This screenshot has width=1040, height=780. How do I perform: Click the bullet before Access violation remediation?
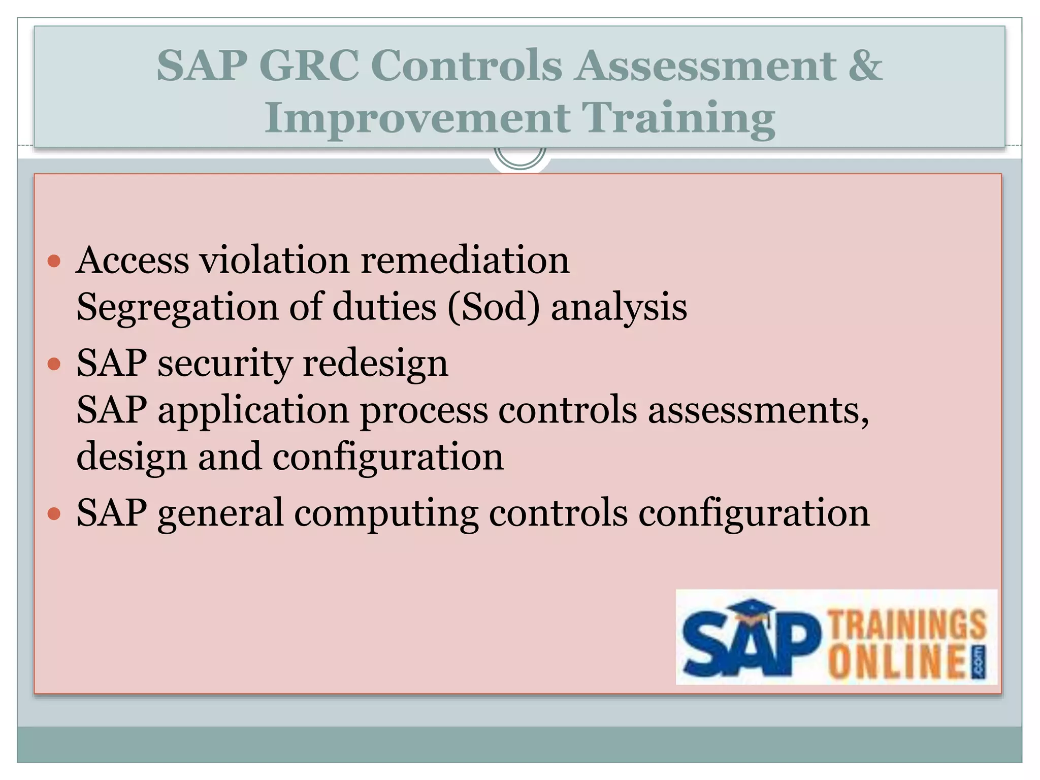54,262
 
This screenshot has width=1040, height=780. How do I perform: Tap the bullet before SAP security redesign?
54,364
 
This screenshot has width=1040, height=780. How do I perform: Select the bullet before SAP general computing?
54,513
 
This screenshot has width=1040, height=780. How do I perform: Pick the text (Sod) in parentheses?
493,308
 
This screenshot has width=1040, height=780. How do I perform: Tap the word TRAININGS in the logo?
907,625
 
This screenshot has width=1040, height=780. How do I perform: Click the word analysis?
619,308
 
